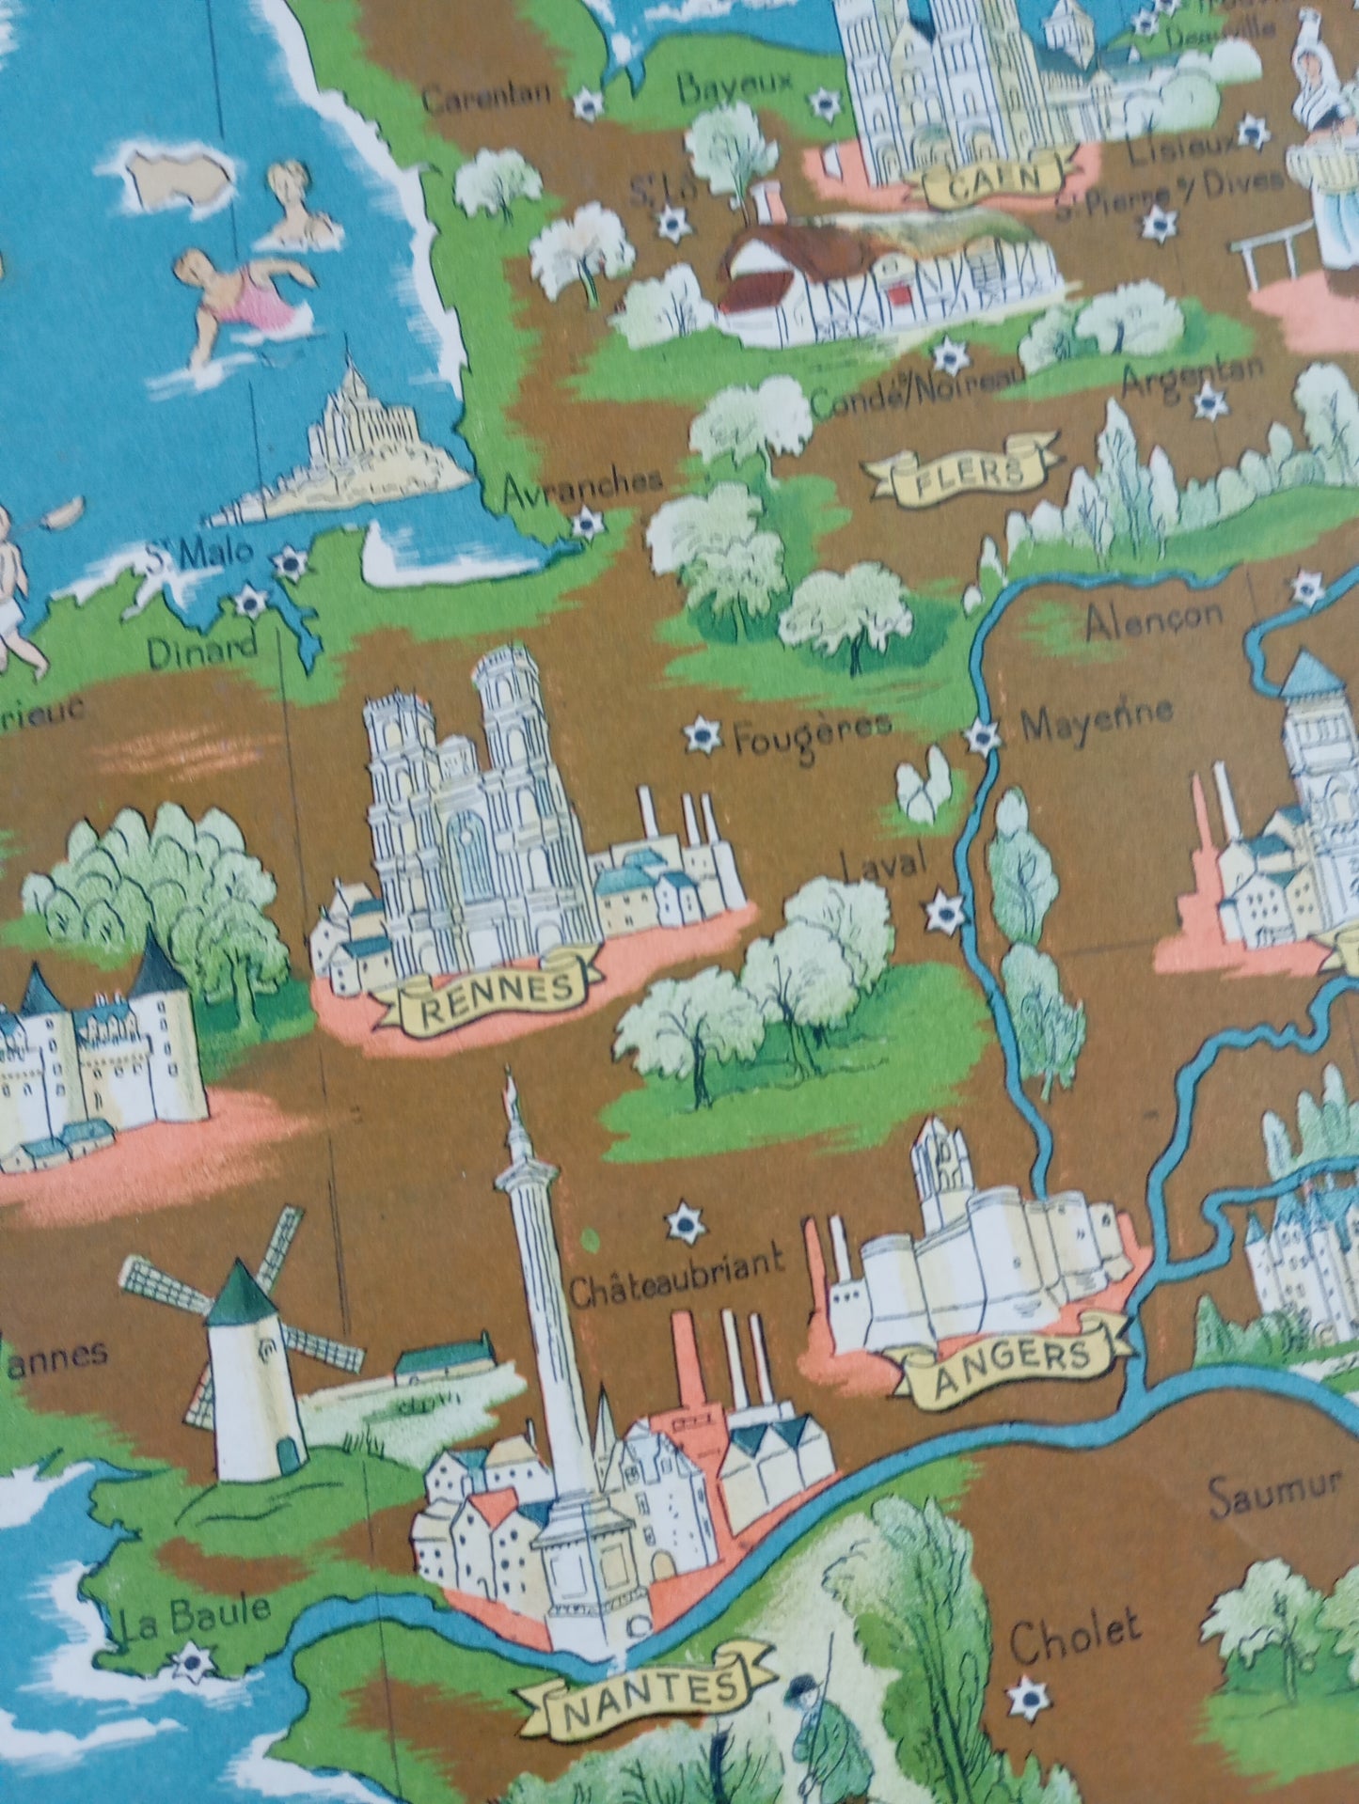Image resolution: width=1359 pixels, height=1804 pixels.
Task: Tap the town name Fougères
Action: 811,735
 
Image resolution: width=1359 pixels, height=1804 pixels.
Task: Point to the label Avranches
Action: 582,485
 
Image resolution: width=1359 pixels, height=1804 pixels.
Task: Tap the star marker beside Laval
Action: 944,911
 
